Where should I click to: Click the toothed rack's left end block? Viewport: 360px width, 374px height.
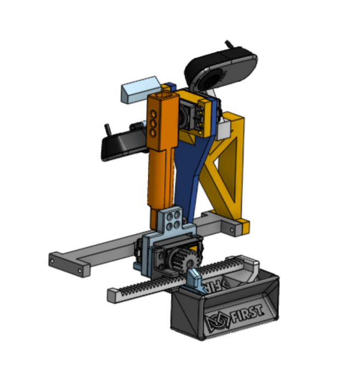[x=112, y=295]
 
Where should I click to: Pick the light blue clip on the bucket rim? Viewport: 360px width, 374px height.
[x=195, y=278]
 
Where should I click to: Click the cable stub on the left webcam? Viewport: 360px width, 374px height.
[x=107, y=129]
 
